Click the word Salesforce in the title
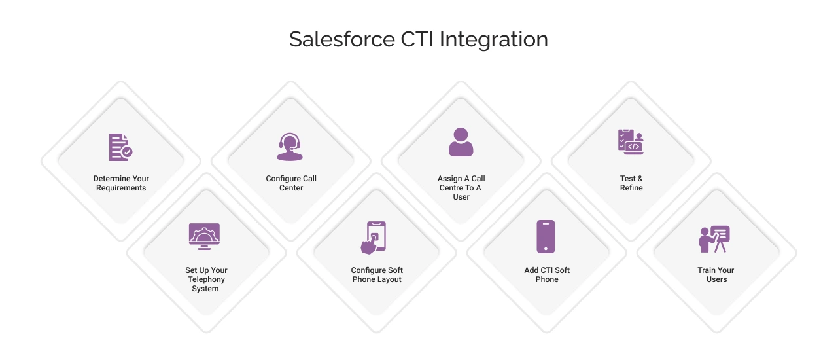tap(342, 39)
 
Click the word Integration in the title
tap(494, 40)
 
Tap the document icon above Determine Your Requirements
tap(120, 147)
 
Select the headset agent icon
tap(290, 147)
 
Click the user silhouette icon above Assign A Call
tap(461, 142)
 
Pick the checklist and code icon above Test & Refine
tap(631, 142)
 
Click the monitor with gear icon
tap(204, 236)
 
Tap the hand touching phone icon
tap(374, 238)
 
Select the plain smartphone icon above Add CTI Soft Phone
tap(546, 236)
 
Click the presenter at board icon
tap(714, 239)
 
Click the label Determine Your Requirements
tap(121, 183)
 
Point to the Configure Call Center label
tap(291, 183)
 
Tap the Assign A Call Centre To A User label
tap(461, 187)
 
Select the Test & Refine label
tap(631, 183)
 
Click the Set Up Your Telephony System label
tap(206, 279)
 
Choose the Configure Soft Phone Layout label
tap(377, 275)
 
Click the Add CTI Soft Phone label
tap(547, 275)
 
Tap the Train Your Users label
tap(716, 275)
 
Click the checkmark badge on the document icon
tap(128, 152)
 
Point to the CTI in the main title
tap(417, 39)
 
